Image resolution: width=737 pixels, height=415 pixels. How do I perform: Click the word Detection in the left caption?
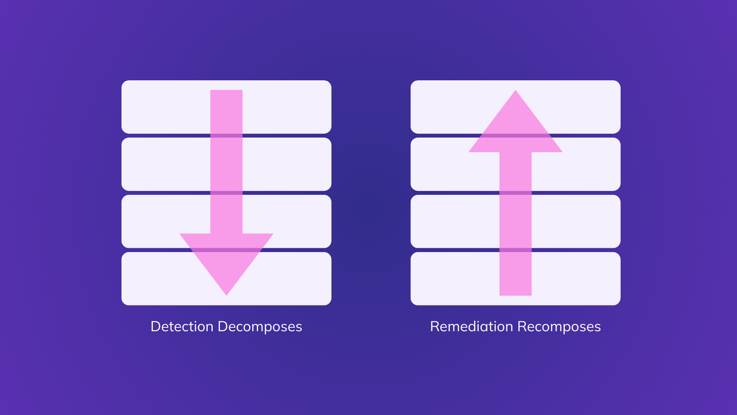182,327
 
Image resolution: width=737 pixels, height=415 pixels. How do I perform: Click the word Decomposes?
260,327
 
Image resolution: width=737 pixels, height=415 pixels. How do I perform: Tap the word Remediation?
471,327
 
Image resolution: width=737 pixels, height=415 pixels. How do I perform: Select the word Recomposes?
559,327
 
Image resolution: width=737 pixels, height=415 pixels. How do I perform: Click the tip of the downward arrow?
226,294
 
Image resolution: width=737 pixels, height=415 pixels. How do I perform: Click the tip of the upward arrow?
516,92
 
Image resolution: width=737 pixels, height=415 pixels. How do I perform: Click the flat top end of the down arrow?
226,91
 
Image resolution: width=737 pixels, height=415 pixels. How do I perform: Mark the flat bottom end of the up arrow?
516,294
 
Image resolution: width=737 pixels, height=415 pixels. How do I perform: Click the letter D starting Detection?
155,327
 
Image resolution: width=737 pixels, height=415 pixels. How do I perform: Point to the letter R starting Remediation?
435,327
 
